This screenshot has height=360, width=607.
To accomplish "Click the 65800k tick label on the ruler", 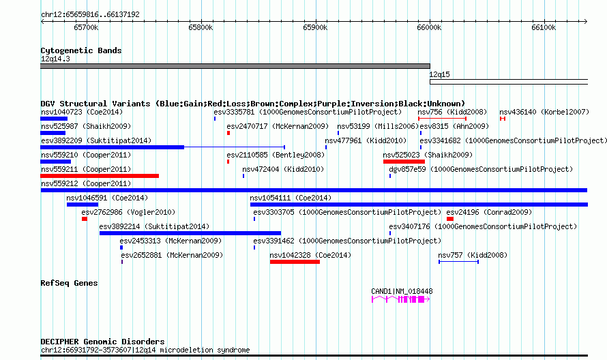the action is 201,27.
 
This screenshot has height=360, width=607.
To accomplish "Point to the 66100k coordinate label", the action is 544,27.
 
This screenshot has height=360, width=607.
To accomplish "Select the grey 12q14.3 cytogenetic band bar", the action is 235,66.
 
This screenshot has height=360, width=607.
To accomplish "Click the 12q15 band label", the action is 439,74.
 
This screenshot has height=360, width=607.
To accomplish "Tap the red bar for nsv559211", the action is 100,176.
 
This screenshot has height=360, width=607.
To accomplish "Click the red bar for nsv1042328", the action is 295,262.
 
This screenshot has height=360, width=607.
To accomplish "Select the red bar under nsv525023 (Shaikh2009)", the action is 404,162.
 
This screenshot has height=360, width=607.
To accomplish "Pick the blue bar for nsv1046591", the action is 83,205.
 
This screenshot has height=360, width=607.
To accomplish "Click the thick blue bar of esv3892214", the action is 190,233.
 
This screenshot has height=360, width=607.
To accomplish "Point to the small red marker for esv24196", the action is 450,219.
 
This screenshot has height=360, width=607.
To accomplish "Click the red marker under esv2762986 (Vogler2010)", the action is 85,219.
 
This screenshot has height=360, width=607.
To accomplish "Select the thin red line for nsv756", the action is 442,119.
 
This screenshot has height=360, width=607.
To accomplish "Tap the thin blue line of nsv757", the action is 459,262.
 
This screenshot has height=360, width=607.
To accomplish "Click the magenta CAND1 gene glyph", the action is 400,299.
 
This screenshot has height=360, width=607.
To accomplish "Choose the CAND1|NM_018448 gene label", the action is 402,291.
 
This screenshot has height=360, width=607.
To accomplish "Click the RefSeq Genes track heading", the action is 69,283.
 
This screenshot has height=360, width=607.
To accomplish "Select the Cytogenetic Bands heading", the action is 81,50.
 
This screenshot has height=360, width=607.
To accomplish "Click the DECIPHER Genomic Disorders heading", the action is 102,342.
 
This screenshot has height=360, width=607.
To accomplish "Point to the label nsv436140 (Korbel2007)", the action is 544,112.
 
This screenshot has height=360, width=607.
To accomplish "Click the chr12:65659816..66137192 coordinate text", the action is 90,15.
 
